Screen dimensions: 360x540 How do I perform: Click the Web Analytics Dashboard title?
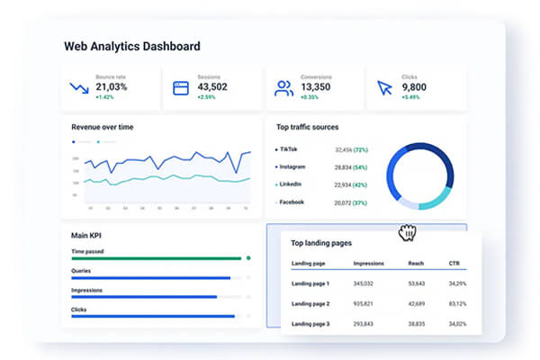(131, 46)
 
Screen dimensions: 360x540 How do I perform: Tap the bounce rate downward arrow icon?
(80, 88)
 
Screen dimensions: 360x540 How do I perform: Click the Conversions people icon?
(284, 88)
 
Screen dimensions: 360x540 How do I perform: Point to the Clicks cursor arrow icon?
(385, 88)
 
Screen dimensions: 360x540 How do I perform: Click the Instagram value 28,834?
(343, 167)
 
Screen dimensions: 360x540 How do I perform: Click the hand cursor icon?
(408, 232)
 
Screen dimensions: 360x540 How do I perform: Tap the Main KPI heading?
(86, 236)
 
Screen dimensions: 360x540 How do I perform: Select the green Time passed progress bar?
(157, 258)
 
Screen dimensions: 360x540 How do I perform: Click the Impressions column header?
(369, 264)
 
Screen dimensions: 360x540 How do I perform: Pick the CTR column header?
(454, 264)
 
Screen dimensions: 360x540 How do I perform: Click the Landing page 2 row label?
(310, 303)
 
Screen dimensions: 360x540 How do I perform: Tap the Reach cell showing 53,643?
(417, 283)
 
